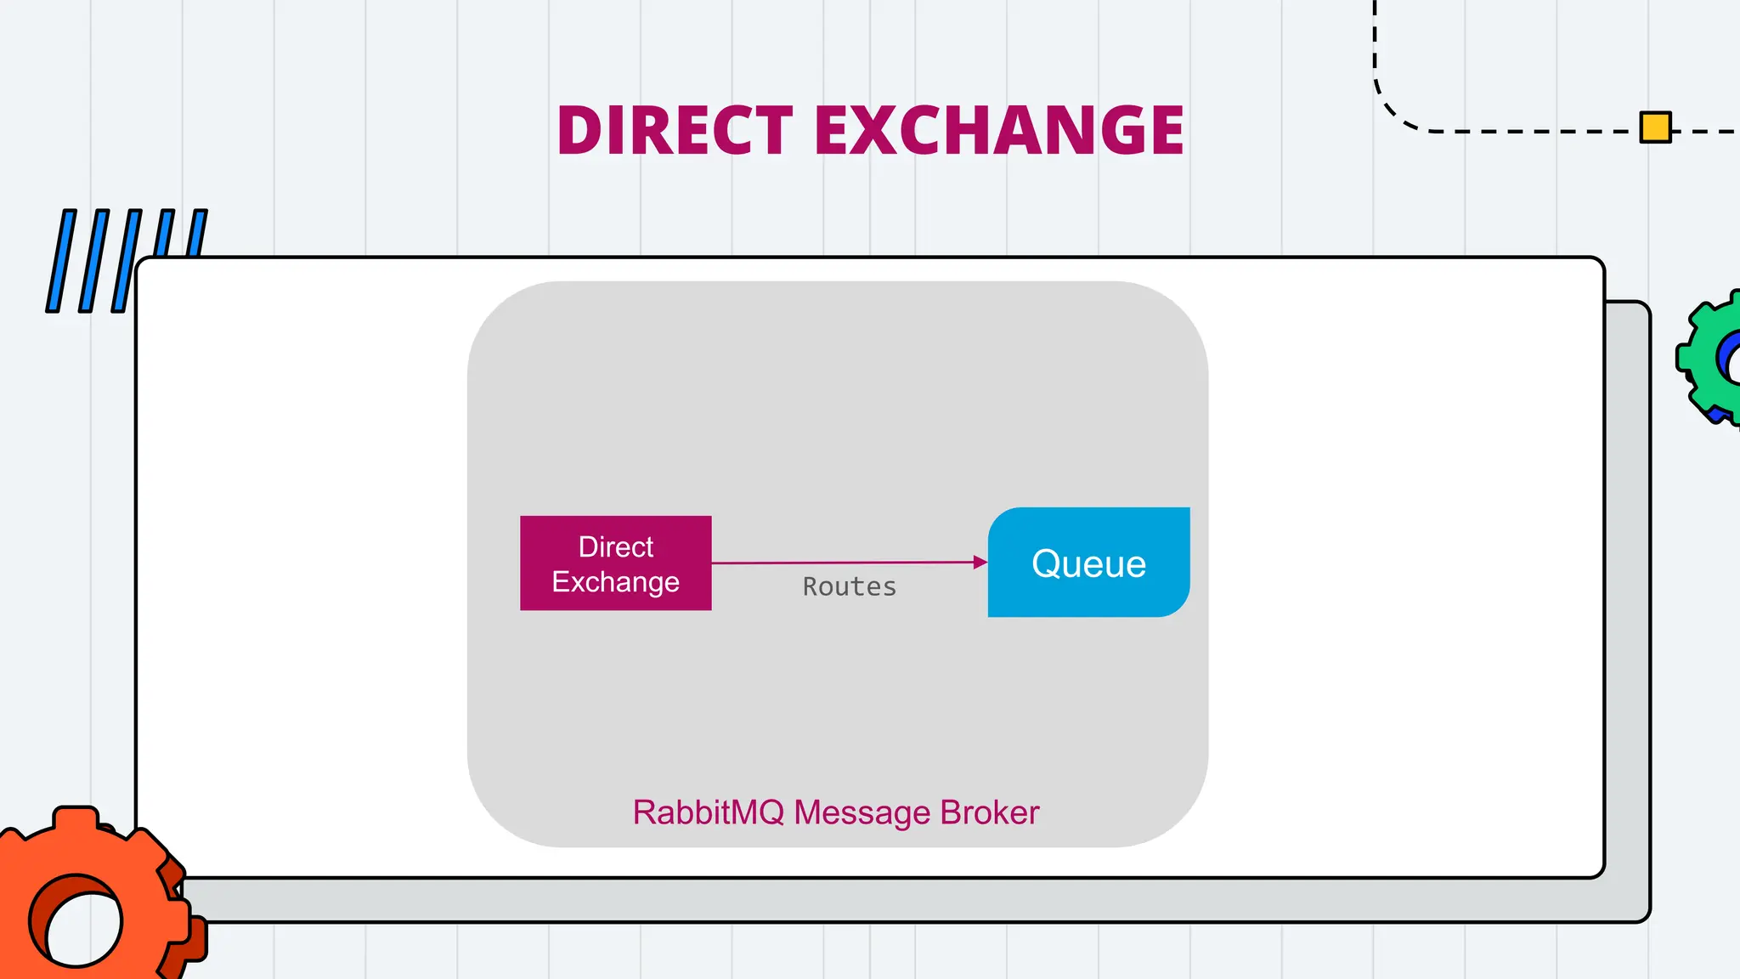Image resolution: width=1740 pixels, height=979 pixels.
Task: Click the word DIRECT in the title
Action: (x=675, y=131)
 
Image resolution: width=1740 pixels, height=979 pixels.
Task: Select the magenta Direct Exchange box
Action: (x=615, y=563)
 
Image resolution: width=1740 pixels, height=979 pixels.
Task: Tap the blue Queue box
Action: (x=1088, y=563)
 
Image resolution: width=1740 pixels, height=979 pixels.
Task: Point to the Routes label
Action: (x=850, y=587)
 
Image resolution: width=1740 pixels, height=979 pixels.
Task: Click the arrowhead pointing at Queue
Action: (x=980, y=562)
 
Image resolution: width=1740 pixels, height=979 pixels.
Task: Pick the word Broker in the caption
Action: (x=990, y=812)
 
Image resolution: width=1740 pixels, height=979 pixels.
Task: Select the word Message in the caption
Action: (x=862, y=812)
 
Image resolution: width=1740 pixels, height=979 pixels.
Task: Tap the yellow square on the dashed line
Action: (x=1655, y=127)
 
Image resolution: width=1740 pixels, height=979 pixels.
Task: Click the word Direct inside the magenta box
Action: (x=615, y=546)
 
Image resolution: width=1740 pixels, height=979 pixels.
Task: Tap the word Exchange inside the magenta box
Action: (x=615, y=582)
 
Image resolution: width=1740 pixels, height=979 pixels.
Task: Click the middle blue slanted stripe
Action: (x=127, y=261)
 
